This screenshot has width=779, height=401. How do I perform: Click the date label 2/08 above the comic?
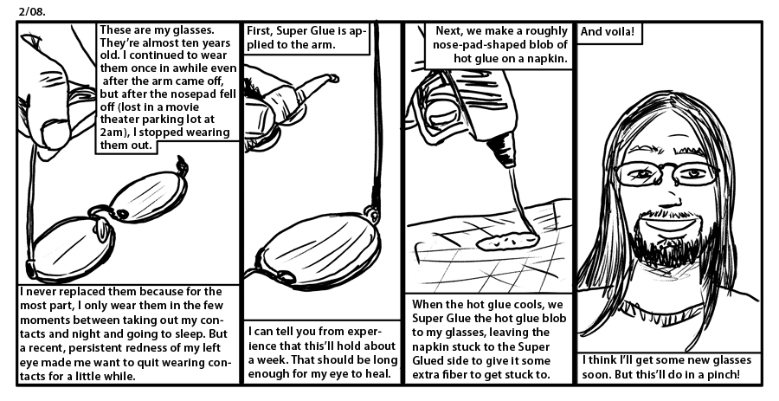(x=32, y=12)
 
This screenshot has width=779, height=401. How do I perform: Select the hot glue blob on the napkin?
(x=507, y=241)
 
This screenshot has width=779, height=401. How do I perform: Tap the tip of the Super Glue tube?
(x=333, y=78)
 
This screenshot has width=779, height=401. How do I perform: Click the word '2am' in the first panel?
(x=111, y=133)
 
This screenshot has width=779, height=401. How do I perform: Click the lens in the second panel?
(x=320, y=249)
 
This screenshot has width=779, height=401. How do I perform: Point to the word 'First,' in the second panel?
(x=260, y=31)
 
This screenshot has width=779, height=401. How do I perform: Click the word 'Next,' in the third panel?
(x=450, y=31)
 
